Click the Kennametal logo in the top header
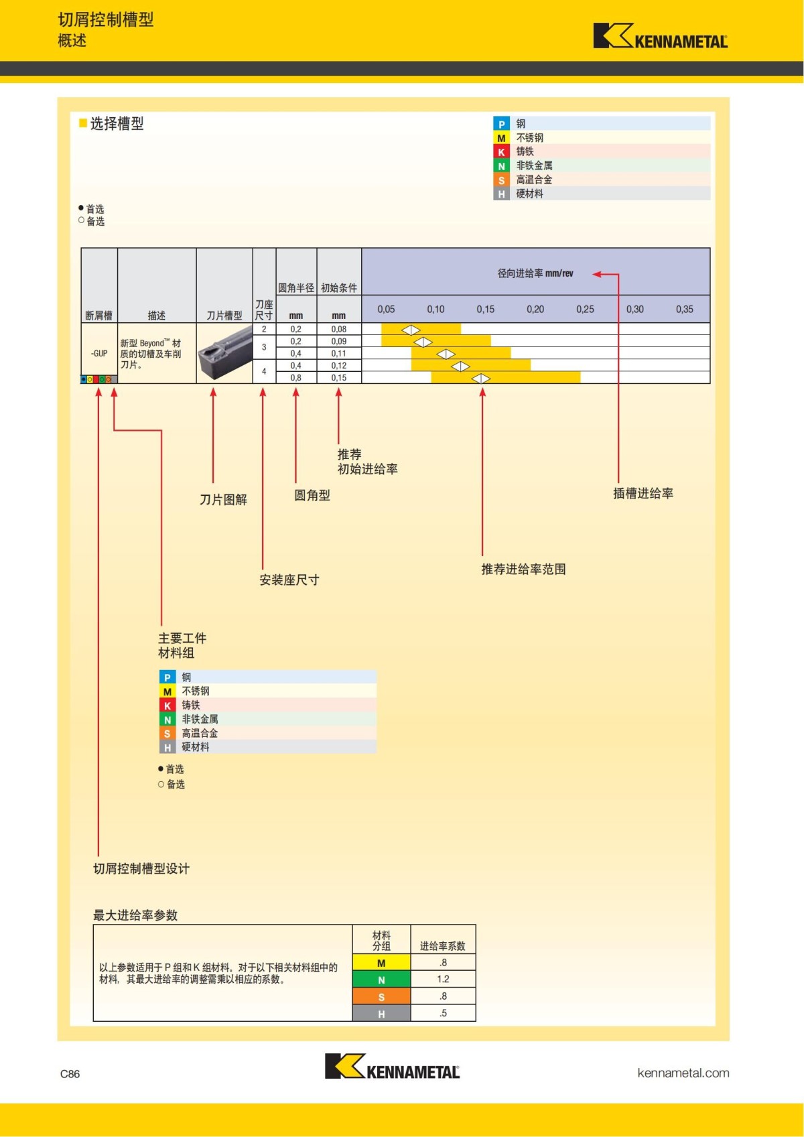click(659, 36)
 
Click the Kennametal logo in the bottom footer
click(392, 1067)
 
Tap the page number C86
click(70, 1074)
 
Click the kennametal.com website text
click(683, 1073)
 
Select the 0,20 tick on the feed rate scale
click(535, 310)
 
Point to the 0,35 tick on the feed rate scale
click(684, 310)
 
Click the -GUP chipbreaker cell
click(99, 353)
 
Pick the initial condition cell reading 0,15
click(338, 378)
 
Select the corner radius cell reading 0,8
click(295, 378)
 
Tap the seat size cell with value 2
click(264, 329)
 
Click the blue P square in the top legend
click(501, 124)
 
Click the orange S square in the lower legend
click(167, 734)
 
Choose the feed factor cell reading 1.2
click(443, 980)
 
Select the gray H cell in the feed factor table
click(381, 1014)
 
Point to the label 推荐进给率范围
click(523, 570)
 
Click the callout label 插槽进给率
click(643, 494)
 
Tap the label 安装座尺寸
click(289, 580)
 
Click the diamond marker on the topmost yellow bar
click(411, 330)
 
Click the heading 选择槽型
click(117, 124)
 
